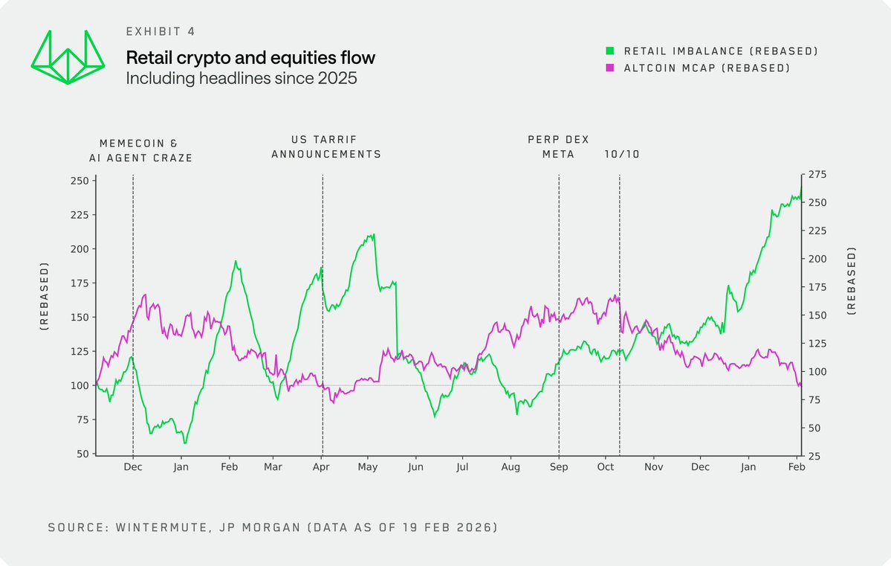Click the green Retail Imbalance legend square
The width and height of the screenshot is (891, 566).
(609, 51)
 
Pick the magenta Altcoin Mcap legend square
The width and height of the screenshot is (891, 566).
(609, 68)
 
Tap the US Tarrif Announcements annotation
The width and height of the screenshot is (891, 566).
(325, 147)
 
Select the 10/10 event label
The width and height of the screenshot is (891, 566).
(622, 154)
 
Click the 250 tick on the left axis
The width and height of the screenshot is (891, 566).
(78, 181)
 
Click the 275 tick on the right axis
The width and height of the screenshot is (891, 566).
(817, 174)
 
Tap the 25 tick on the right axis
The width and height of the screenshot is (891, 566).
(814, 456)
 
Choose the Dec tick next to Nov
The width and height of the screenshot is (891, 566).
(699, 467)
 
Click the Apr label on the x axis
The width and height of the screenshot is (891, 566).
(322, 467)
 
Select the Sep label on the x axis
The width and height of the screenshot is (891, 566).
(559, 467)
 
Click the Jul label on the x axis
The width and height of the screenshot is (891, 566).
(462, 467)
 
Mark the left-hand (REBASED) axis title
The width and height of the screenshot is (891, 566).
(45, 296)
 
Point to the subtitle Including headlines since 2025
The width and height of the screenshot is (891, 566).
(242, 77)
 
